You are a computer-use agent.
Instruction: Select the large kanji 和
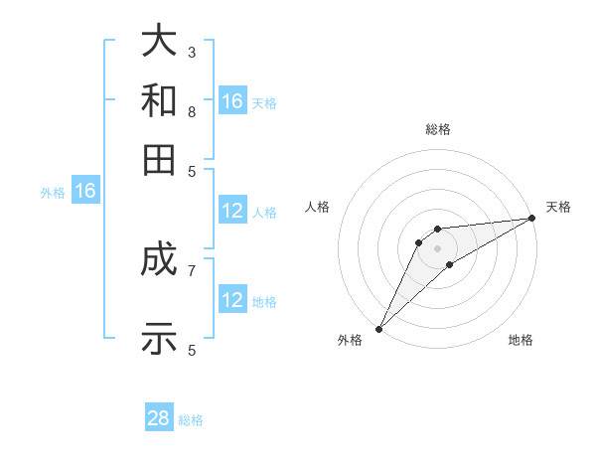coord(159,99)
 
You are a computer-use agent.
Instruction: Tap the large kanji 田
coord(159,159)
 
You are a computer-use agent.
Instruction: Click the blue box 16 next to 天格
coord(232,101)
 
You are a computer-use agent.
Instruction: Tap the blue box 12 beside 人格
coord(232,211)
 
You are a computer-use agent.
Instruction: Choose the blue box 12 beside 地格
coord(232,300)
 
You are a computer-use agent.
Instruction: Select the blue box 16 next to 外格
coord(85,191)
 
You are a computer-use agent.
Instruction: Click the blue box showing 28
coord(159,418)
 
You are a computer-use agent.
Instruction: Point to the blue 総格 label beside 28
coord(191,420)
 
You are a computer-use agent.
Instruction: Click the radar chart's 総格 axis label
coord(437,129)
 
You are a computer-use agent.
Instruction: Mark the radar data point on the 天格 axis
coord(531,218)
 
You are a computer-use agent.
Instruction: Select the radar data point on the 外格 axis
coord(378,328)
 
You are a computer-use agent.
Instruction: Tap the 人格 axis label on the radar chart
coord(318,207)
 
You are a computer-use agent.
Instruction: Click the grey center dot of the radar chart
coord(437,247)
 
